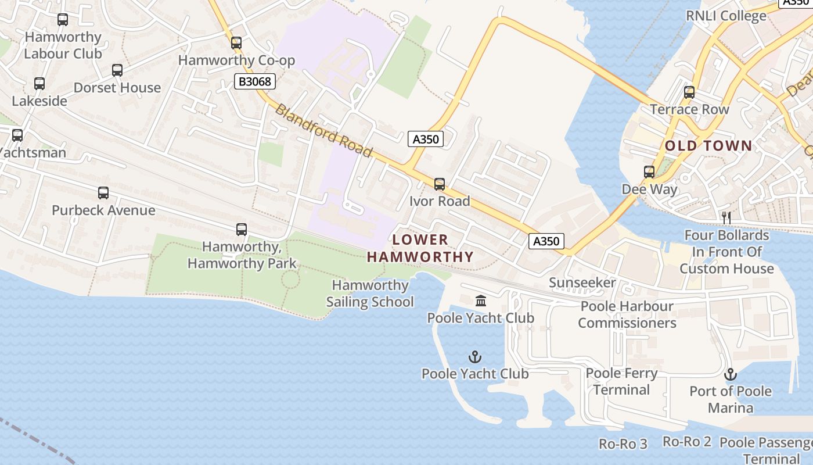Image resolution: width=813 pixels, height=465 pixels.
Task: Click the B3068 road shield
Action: point(254,81)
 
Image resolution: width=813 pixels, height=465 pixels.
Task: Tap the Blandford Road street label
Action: point(323,131)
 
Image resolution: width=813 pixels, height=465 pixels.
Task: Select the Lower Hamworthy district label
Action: point(420,248)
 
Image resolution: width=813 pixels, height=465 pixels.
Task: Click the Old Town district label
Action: point(708,146)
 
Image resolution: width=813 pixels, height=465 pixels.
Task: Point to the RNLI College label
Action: point(726,16)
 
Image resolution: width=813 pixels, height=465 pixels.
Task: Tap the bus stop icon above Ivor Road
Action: point(440,184)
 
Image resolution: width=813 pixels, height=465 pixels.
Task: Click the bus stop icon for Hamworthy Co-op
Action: point(236,42)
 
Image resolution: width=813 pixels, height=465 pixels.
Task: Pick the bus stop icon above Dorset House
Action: point(117,70)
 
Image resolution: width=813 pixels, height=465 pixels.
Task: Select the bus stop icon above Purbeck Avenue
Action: point(103,192)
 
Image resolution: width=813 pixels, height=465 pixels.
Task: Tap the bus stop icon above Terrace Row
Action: point(689,92)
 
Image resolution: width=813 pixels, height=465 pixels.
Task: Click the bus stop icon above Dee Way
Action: point(649,171)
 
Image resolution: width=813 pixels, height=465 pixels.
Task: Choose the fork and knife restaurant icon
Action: point(726,218)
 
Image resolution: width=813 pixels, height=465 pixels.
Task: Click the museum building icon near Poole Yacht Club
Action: point(481,301)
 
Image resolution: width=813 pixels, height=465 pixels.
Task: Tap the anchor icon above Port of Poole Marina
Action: point(730,374)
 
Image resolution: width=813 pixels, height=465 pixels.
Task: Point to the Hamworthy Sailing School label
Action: point(370,294)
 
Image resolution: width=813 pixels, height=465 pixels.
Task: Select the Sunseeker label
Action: point(582,283)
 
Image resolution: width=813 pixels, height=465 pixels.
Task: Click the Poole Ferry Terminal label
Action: point(621,381)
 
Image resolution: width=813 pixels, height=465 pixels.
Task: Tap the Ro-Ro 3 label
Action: point(623,444)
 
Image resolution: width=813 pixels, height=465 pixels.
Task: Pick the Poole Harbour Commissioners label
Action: point(627,314)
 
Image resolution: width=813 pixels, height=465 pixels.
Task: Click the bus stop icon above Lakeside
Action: point(39,84)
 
